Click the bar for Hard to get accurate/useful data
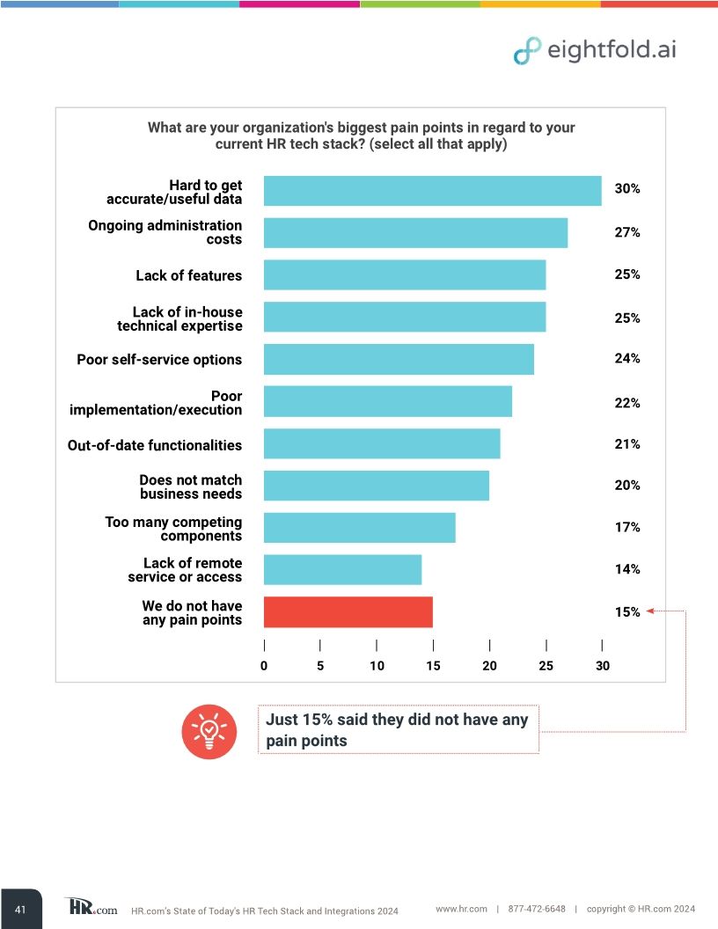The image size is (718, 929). [432, 191]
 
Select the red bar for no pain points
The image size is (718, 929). [348, 612]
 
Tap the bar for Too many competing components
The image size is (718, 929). [359, 528]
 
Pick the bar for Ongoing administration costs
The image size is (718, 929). [415, 233]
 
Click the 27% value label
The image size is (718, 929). [626, 233]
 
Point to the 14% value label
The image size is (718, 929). [626, 569]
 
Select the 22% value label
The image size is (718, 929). [626, 403]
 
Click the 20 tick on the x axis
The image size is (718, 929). [489, 666]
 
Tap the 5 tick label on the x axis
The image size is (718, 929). [320, 666]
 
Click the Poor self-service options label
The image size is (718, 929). [159, 360]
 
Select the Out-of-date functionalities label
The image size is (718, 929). [155, 445]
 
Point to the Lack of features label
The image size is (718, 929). [188, 275]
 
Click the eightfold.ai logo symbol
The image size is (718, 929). [527, 51]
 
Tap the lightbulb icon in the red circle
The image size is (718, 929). [209, 731]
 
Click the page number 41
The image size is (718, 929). [20, 909]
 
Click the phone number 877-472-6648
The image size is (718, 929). [537, 909]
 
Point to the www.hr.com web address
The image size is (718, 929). [461, 909]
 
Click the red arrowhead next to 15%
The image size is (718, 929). [649, 611]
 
